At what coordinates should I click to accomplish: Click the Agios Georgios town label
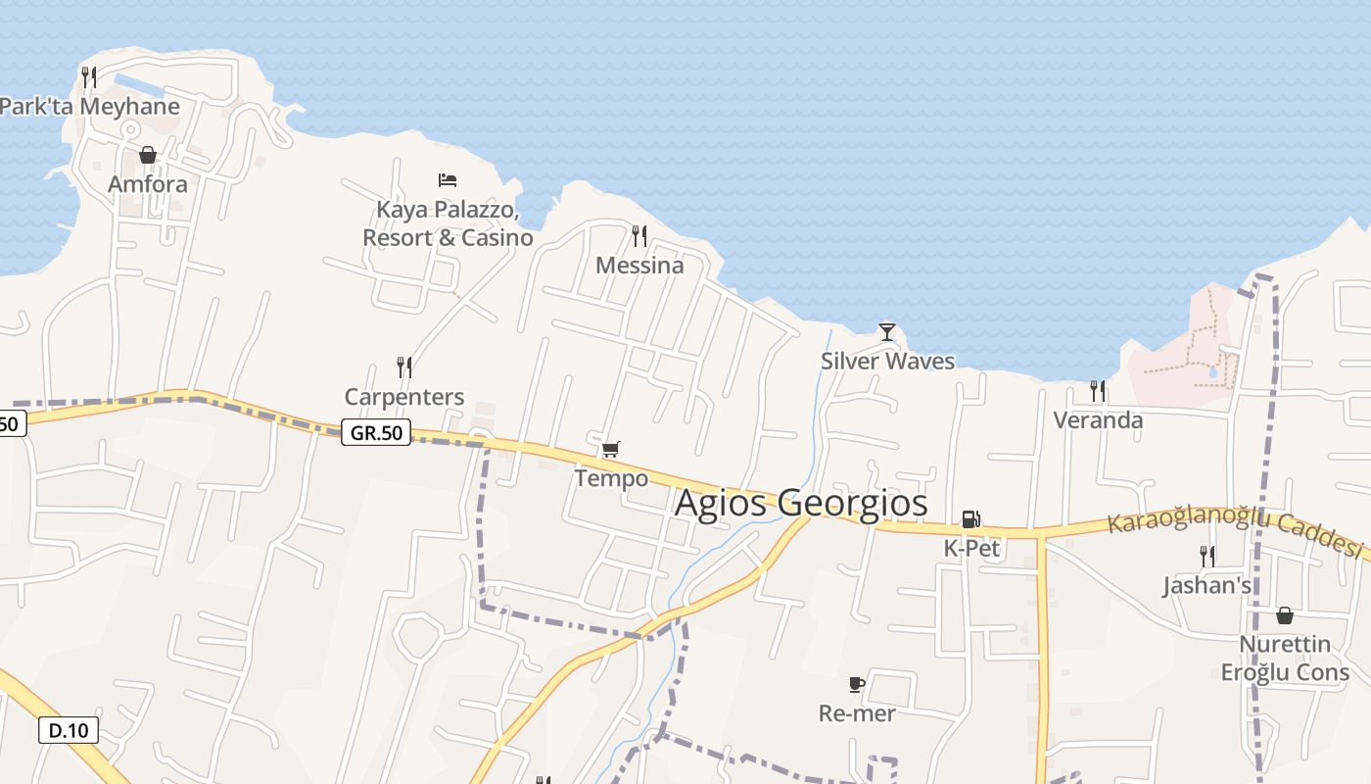point(801,503)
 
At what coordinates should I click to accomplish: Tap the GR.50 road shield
point(376,432)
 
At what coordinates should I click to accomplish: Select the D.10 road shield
point(69,730)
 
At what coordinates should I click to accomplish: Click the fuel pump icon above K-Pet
point(970,519)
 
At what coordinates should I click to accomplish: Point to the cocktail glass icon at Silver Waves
point(887,332)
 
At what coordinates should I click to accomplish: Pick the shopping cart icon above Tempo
point(610,449)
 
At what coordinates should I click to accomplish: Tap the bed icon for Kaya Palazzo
point(448,179)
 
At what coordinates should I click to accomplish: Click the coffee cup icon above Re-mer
point(857,684)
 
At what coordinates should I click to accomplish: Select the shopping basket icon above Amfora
point(148,155)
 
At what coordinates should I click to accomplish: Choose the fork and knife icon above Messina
point(639,235)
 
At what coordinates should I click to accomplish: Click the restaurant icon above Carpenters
point(403,367)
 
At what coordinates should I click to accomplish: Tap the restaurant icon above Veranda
point(1098,391)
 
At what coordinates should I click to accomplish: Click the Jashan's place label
point(1207,586)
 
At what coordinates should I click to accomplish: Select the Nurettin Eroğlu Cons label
point(1285,659)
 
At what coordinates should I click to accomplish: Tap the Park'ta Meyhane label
point(89,107)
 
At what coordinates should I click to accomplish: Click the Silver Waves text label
point(887,362)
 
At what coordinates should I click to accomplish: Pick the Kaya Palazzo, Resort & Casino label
point(448,223)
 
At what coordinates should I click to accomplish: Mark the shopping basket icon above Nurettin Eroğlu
point(1285,615)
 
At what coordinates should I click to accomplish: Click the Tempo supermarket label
point(611,478)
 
